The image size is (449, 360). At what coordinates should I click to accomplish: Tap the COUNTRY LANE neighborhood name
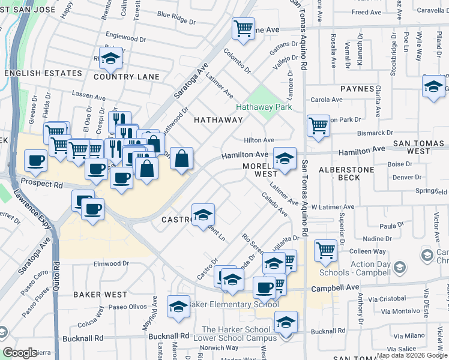coord(127,77)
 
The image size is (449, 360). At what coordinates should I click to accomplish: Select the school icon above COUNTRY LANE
coord(111,59)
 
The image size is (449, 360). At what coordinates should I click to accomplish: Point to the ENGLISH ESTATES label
coord(43,73)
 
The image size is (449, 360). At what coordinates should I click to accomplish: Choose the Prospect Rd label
coord(41,181)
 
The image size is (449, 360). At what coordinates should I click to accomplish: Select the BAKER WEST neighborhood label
coord(100,295)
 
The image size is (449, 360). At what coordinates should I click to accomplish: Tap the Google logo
coord(20,353)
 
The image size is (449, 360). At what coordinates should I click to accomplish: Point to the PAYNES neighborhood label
coord(357,89)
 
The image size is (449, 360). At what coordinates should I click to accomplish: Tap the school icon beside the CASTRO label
coord(203,214)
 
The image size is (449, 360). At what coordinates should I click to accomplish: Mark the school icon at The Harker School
coord(286,322)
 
